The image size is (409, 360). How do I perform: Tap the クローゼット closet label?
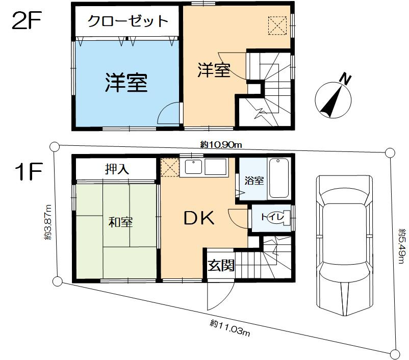tap(127, 21)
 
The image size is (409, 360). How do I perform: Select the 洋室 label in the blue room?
tap(127, 83)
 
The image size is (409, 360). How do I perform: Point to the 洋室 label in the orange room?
tap(214, 71)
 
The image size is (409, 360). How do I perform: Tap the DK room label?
tap(199, 218)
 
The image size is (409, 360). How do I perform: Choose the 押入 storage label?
tap(117, 169)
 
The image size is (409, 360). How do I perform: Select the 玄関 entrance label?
tap(221, 266)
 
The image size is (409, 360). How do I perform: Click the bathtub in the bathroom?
tap(279, 178)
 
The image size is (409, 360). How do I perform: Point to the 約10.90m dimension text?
tap(221, 145)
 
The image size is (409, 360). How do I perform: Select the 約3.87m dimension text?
tap(48, 222)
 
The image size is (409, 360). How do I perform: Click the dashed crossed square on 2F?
tap(278, 26)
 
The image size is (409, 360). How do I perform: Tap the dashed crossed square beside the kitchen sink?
tap(169, 167)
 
